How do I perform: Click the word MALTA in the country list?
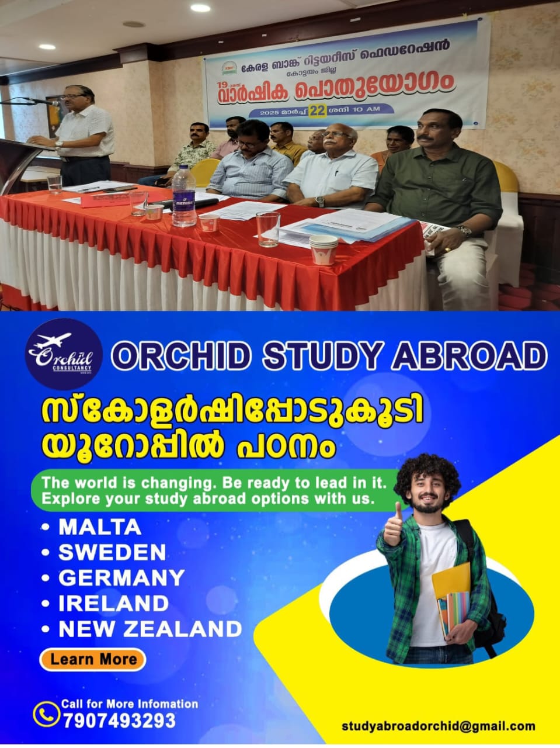point(100,527)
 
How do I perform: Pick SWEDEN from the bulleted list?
point(112,552)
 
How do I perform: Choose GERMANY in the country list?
point(121,578)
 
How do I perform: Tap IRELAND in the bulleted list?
point(114,604)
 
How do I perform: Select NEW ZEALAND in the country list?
point(150,629)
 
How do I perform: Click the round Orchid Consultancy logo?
point(64,354)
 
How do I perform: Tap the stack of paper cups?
point(324,250)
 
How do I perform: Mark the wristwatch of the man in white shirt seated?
point(319,202)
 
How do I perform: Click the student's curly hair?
point(427,470)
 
